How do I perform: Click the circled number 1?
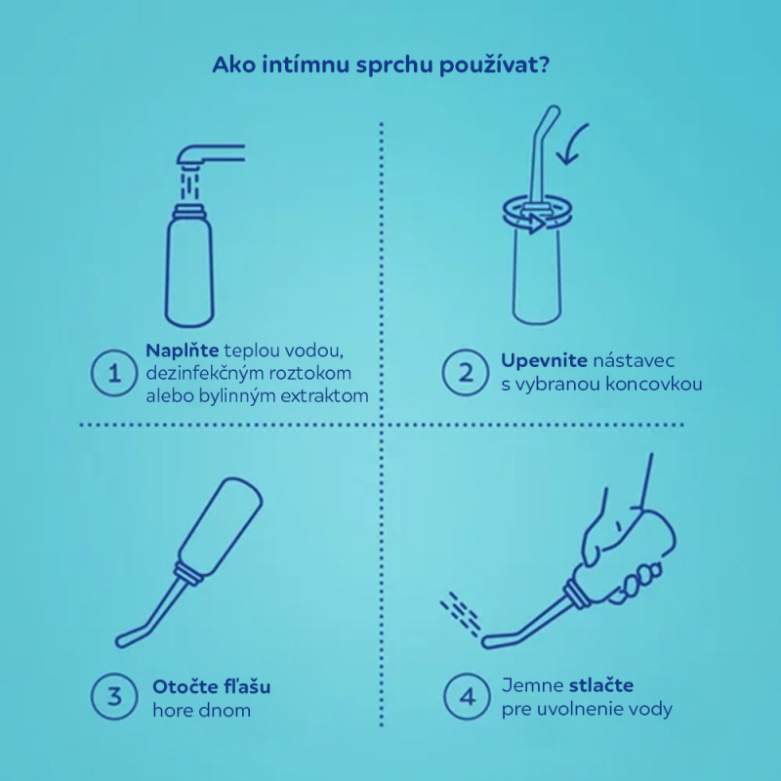(114, 372)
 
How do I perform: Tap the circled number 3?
(114, 697)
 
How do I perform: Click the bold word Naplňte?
(182, 350)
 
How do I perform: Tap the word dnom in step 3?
(226, 710)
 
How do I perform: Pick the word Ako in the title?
(231, 66)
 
